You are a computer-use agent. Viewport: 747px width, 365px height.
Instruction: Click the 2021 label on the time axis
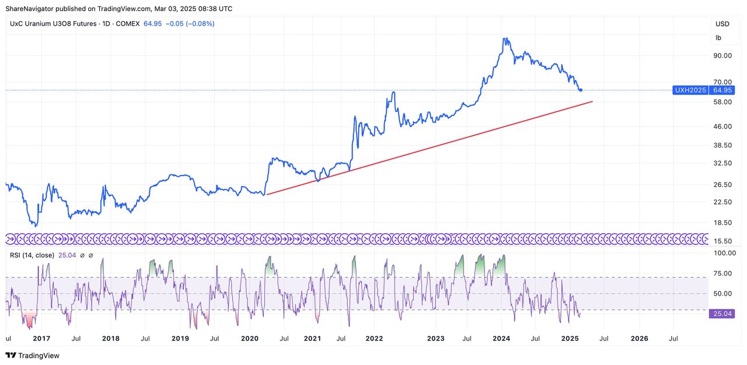tap(312, 338)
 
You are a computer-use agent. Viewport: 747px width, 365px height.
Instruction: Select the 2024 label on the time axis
tap(501, 338)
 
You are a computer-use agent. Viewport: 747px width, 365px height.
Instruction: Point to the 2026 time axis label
tap(640, 338)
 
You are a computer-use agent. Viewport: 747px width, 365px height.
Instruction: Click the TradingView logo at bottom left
tap(33, 355)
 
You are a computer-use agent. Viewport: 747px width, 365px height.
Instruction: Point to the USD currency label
tap(722, 24)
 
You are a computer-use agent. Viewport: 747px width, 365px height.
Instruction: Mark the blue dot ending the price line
tap(580, 90)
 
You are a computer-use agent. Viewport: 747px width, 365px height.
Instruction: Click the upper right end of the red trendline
tap(592, 101)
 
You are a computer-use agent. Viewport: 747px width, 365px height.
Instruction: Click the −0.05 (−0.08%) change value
tap(190, 24)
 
